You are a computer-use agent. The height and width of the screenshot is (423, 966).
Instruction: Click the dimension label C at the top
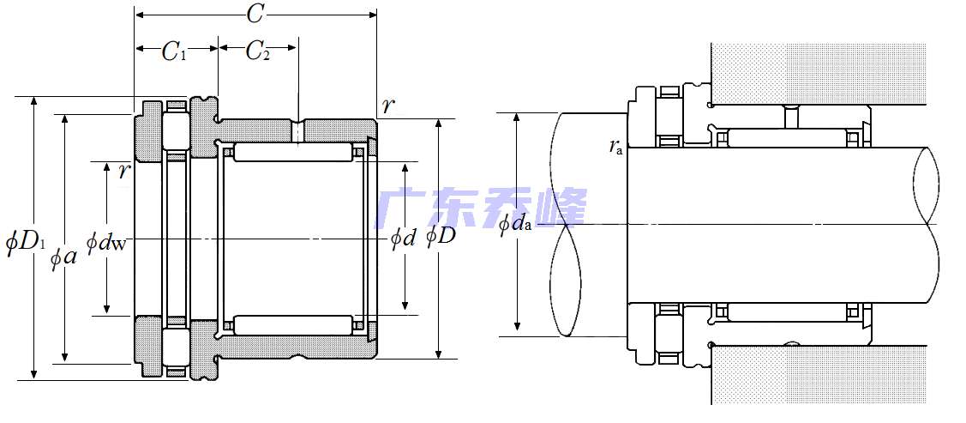point(255,15)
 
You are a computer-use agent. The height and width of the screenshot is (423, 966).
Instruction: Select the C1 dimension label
point(174,52)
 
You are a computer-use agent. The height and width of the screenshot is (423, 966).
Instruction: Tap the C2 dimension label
point(257,52)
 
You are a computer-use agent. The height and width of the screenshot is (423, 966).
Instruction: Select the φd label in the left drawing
point(405,239)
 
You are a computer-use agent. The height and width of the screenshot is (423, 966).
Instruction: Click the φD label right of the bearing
point(441,235)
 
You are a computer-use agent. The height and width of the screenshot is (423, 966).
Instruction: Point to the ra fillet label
point(615,146)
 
